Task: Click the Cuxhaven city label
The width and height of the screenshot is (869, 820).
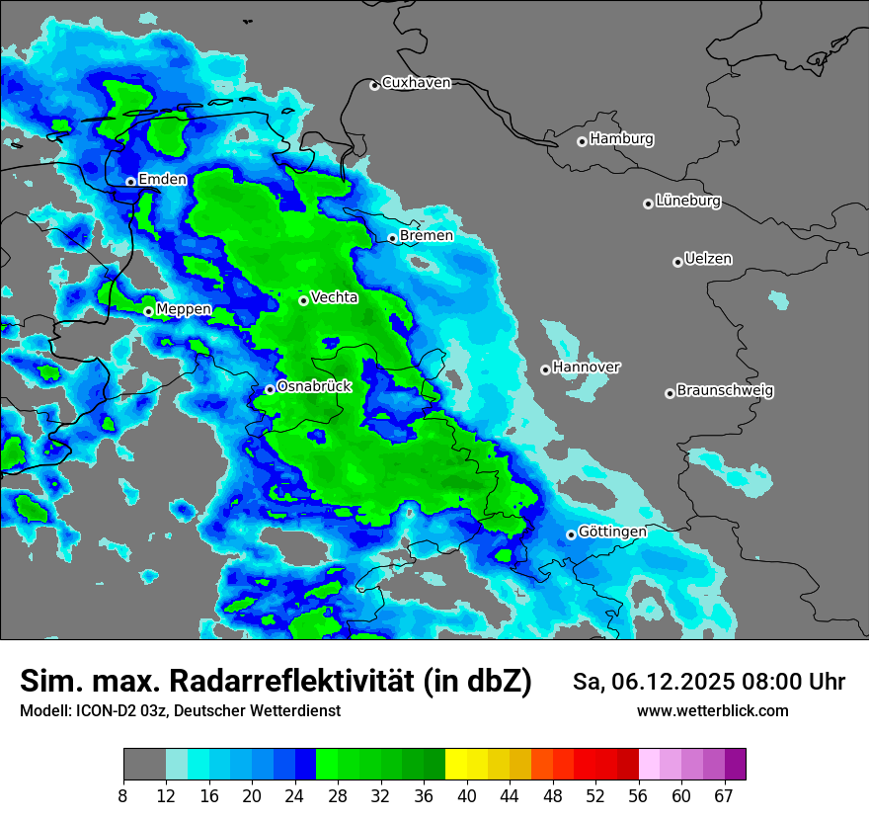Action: [416, 83]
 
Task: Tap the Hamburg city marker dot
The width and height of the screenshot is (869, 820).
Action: [582, 141]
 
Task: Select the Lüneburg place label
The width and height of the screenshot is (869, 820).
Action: [687, 202]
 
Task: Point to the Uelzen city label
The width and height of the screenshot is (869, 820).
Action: [708, 260]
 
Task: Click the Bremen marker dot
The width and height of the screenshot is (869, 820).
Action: [392, 238]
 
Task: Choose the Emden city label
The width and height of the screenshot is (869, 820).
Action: [162, 180]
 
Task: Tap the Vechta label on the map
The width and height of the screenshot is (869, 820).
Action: [334, 297]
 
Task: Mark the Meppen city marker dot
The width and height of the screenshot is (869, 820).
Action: [148, 311]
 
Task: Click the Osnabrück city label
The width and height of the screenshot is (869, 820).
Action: [314, 387]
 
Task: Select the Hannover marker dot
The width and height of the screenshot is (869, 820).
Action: [545, 369]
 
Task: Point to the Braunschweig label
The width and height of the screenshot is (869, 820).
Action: [725, 391]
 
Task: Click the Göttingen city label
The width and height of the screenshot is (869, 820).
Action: [612, 533]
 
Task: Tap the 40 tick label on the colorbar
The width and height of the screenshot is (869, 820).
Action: [467, 795]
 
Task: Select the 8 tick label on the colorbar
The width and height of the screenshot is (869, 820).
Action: [123, 795]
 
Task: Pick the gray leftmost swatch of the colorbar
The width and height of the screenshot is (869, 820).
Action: [144, 765]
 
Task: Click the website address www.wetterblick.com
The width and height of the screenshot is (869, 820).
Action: [712, 711]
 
